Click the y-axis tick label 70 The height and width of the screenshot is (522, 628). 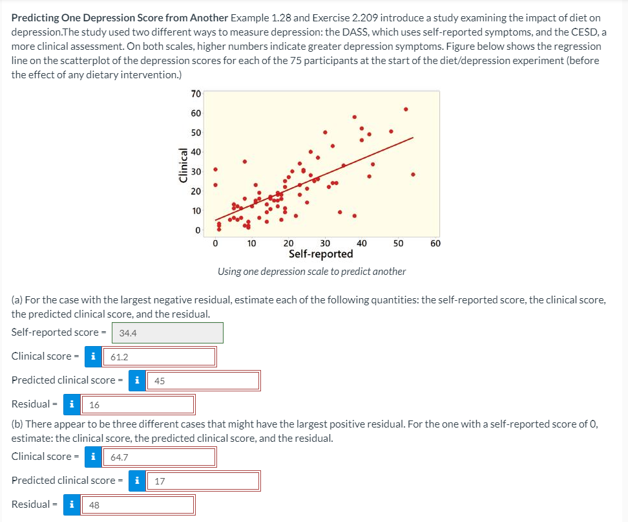pyautogui.click(x=196, y=94)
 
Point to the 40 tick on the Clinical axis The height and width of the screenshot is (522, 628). pyautogui.click(x=196, y=152)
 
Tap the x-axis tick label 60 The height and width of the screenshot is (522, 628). pyautogui.click(x=435, y=243)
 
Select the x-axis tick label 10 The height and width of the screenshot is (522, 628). pyautogui.click(x=252, y=243)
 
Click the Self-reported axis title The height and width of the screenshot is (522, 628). pyautogui.click(x=320, y=254)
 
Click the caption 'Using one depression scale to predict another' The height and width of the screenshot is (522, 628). pyautogui.click(x=311, y=271)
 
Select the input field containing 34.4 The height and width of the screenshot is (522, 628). pyautogui.click(x=168, y=332)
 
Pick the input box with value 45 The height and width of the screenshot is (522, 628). pyautogui.click(x=204, y=380)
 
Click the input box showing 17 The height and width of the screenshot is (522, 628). pyautogui.click(x=204, y=481)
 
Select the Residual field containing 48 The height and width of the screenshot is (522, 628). pyautogui.click(x=137, y=505)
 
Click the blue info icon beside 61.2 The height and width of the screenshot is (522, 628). pyautogui.click(x=94, y=356)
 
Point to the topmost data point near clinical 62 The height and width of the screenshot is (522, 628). pyautogui.click(x=406, y=109)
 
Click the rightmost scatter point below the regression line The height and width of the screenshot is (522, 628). pyautogui.click(x=413, y=174)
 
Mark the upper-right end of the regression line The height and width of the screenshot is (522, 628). pyautogui.click(x=413, y=138)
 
